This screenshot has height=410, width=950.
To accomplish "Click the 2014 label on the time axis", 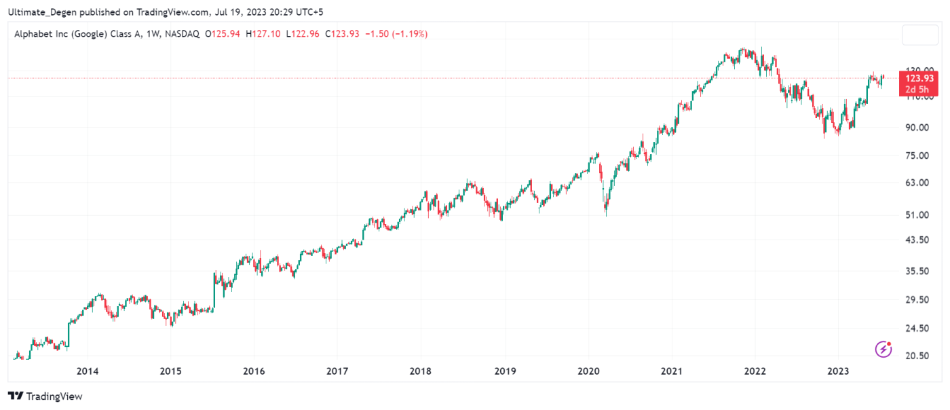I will (88, 371).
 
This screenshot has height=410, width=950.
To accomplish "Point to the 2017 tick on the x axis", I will (337, 371).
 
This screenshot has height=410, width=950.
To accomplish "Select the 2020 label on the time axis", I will (588, 371).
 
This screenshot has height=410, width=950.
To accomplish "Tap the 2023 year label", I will (838, 371).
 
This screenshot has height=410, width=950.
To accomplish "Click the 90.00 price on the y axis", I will (919, 127).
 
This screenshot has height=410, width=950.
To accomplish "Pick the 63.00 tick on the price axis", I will (919, 183).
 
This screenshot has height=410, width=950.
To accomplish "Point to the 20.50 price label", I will (919, 356).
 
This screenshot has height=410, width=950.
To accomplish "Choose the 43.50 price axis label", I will (919, 240).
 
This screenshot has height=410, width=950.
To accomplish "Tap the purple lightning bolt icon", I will (883, 349).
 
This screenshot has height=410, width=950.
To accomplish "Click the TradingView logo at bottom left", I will (45, 396).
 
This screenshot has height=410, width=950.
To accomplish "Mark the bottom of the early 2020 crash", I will (605, 215).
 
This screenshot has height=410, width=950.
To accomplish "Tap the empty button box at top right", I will (919, 35).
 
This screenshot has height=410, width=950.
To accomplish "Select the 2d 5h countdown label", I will (919, 89).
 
